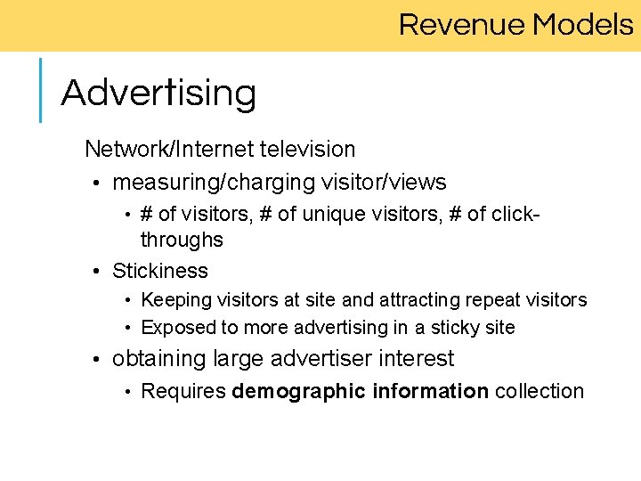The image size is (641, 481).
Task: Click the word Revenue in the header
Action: [x=462, y=24]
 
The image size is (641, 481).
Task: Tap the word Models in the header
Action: [x=583, y=24]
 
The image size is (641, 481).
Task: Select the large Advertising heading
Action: [x=158, y=93]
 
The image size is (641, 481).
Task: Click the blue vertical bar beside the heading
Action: [x=41, y=89]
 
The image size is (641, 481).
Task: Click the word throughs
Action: [x=182, y=240]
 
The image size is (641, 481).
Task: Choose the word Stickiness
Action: [x=160, y=271]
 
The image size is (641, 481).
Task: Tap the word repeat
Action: [x=495, y=300]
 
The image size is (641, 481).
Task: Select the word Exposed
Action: [x=178, y=328]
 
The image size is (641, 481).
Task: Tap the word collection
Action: [x=540, y=391]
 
